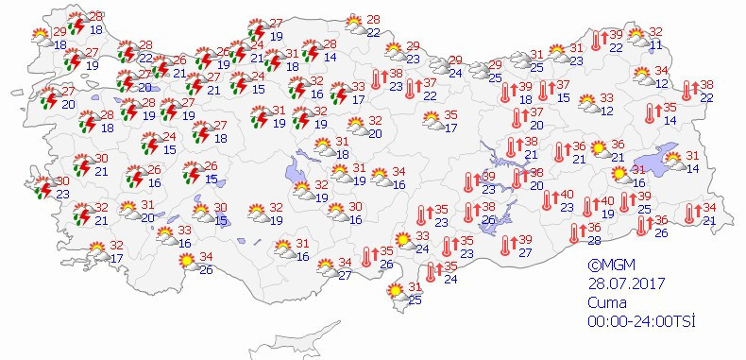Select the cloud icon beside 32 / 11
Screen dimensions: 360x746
[638, 39]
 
